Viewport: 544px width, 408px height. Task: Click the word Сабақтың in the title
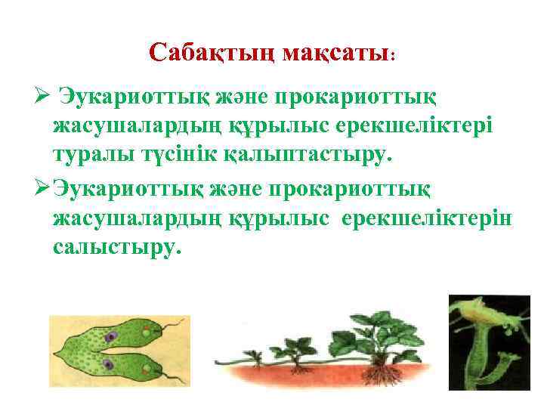pos(212,52)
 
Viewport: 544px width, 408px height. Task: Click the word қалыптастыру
pos(302,155)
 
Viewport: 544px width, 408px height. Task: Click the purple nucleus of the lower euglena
pos(108,364)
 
